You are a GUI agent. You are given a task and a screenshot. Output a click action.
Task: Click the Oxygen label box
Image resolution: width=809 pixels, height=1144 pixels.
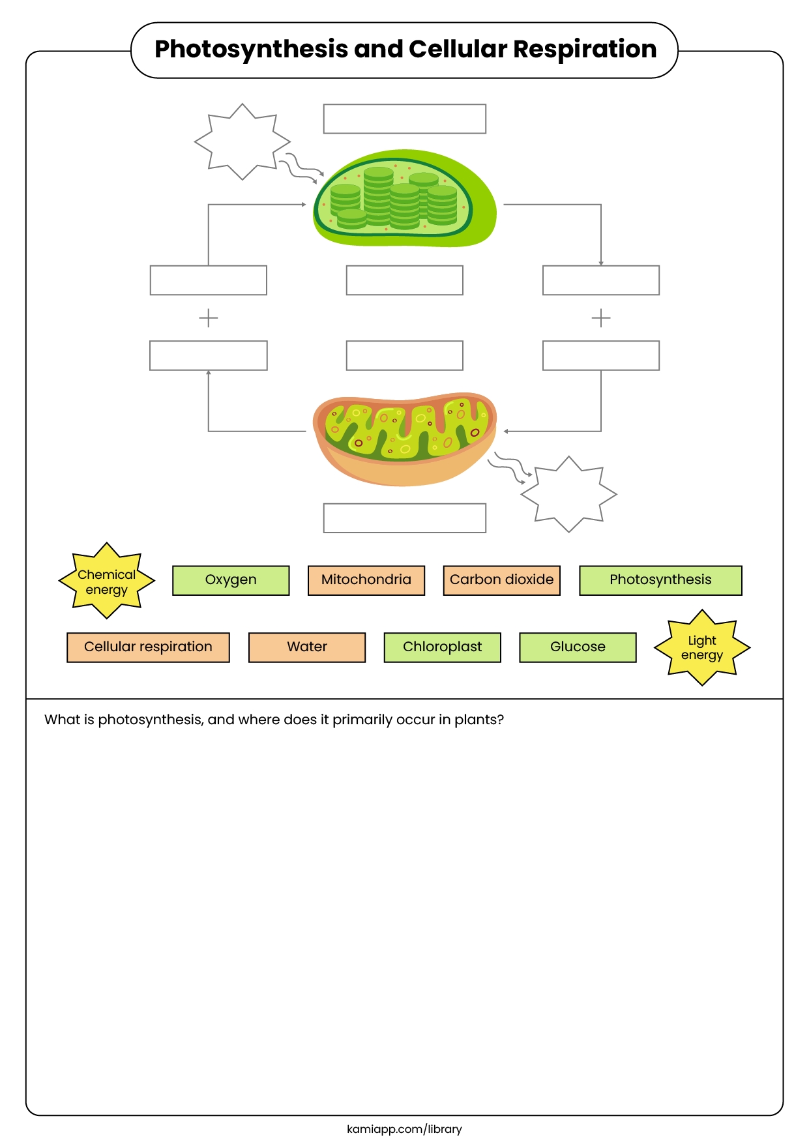pyautogui.click(x=231, y=580)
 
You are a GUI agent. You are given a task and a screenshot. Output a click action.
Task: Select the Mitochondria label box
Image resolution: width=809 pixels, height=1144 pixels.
pyautogui.click(x=366, y=580)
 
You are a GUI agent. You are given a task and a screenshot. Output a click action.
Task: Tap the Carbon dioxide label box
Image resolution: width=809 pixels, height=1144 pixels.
pyautogui.click(x=501, y=580)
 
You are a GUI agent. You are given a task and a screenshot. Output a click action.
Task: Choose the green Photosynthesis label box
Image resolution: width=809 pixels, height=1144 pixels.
pyautogui.click(x=660, y=580)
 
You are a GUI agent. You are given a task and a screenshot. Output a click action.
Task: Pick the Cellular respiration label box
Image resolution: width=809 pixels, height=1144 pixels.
pyautogui.click(x=148, y=647)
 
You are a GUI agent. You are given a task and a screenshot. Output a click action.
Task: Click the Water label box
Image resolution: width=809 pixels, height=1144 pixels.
pyautogui.click(x=307, y=647)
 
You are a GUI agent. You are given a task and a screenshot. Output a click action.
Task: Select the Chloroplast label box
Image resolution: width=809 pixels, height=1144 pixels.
pyautogui.click(x=442, y=647)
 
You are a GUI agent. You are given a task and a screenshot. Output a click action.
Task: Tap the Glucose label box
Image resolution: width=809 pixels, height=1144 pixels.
pyautogui.click(x=578, y=647)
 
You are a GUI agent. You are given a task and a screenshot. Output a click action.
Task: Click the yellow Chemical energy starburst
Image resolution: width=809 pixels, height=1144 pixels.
pyautogui.click(x=107, y=581)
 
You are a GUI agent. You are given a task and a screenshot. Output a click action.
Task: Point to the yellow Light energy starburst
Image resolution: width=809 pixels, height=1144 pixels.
pyautogui.click(x=702, y=648)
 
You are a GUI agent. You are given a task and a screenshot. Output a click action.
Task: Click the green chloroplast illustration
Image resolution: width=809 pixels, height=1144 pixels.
pyautogui.click(x=404, y=199)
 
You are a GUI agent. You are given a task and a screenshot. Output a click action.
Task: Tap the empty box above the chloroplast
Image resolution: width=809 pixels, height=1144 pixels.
pyautogui.click(x=404, y=119)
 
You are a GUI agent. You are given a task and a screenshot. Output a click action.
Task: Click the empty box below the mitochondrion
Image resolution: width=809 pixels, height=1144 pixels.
pyautogui.click(x=404, y=518)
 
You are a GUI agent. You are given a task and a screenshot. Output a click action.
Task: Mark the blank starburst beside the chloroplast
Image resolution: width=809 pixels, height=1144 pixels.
pyautogui.click(x=243, y=141)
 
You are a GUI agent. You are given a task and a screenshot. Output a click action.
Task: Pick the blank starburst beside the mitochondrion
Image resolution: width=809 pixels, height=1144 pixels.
pyautogui.click(x=568, y=494)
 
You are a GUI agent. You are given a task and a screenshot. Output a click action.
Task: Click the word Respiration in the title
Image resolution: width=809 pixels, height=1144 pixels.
pyautogui.click(x=585, y=50)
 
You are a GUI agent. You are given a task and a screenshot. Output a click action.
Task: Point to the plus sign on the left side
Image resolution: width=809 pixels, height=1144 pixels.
pyautogui.click(x=208, y=318)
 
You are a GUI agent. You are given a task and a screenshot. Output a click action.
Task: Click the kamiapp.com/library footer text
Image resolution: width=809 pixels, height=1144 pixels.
pyautogui.click(x=404, y=1129)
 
